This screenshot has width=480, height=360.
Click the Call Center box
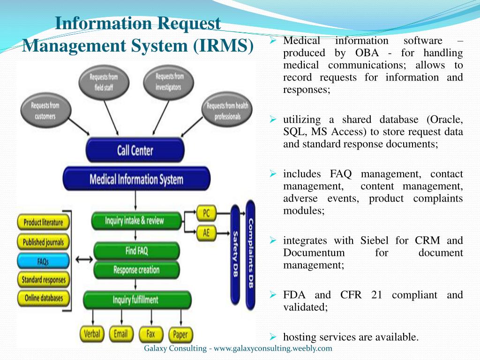(135, 150)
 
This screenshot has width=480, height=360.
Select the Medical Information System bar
(136, 179)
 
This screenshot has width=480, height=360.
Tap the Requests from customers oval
(45, 111)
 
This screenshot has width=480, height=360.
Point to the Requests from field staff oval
(104, 82)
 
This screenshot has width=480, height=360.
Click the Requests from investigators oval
(168, 82)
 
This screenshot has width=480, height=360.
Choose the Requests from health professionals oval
(227, 110)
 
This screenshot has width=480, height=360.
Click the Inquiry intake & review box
(136, 221)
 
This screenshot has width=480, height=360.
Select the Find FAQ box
(136, 251)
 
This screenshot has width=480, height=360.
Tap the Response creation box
(136, 270)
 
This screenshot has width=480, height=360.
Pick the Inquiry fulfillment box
(137, 300)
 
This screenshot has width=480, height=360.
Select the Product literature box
(43, 222)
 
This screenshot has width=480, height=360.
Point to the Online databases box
(43, 298)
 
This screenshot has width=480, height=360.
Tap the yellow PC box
(206, 213)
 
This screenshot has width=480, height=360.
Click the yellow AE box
(206, 233)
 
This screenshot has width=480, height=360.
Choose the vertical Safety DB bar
(235, 255)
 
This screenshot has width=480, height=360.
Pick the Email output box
(121, 334)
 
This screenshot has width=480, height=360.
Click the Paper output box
(180, 334)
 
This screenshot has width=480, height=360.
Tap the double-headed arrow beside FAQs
(84, 260)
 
